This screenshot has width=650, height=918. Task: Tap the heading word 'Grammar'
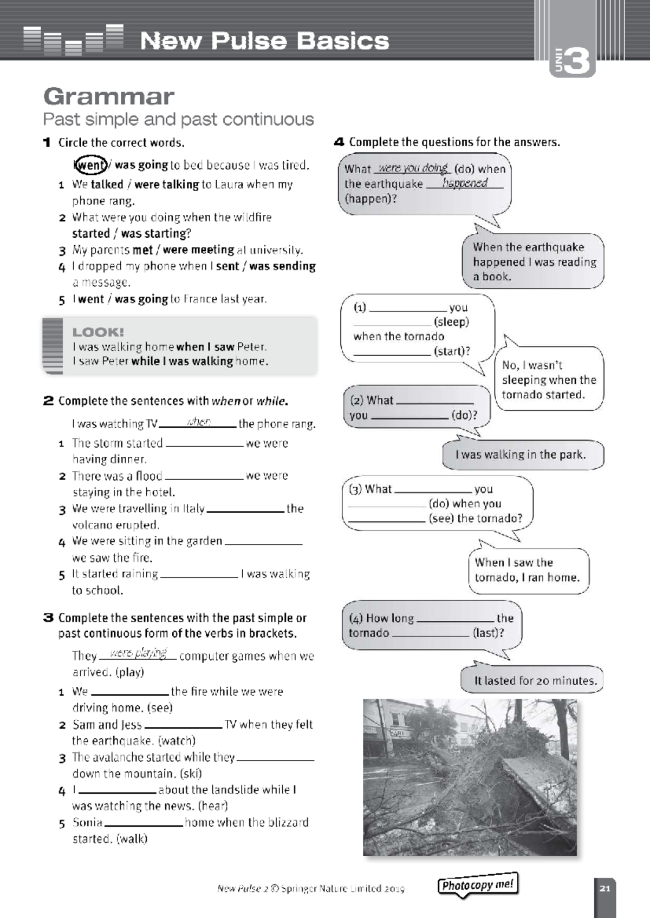[x=108, y=97]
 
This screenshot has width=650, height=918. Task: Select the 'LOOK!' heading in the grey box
[x=98, y=332]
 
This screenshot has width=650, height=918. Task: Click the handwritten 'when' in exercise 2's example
[x=198, y=422]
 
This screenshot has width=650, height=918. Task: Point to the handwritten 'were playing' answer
[x=138, y=653]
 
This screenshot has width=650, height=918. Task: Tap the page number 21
[x=605, y=888]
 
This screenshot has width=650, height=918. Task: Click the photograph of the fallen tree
[x=470, y=777]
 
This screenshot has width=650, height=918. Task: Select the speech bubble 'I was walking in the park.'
[x=521, y=455]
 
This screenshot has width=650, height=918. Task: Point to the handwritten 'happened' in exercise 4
[x=465, y=183]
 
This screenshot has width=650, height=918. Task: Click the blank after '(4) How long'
[x=456, y=619]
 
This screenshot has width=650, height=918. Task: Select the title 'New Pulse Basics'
[x=264, y=41]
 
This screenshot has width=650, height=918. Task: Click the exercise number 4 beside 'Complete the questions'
[x=339, y=142]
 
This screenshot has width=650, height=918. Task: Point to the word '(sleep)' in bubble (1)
[x=451, y=322]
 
